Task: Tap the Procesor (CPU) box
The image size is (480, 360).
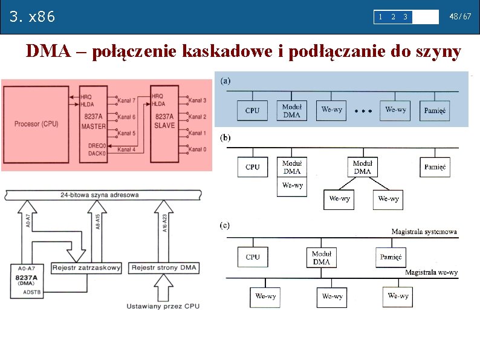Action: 36,124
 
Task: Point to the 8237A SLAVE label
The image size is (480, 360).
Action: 165,121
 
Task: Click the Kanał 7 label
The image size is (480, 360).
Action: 126,100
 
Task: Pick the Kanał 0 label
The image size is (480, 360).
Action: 197,149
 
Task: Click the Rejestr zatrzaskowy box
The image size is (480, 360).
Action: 86,267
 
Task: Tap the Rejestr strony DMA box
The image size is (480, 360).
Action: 164,267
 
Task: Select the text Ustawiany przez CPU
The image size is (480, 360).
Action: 163,307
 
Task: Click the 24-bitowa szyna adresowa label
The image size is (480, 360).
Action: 100,195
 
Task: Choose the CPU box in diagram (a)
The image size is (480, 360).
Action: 252,111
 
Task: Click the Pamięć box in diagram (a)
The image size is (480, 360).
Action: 435,111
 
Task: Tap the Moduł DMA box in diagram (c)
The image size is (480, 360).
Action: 322,258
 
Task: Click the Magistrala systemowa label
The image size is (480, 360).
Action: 424,232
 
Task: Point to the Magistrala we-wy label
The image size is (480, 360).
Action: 431,273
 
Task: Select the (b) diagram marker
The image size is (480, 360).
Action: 225,137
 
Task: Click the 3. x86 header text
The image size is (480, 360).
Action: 33,16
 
